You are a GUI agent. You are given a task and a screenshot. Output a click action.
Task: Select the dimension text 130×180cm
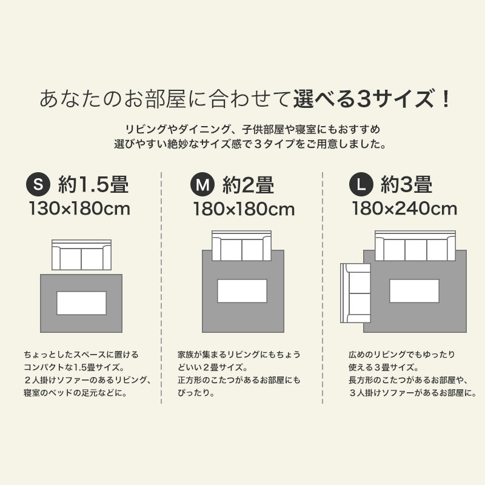pyautogui.click(x=79, y=209)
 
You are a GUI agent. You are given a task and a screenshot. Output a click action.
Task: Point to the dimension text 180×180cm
pyautogui.click(x=244, y=209)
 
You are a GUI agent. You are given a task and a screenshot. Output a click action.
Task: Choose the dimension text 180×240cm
pyautogui.click(x=404, y=209)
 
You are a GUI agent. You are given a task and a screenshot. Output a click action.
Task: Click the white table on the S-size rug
pyautogui.click(x=81, y=303)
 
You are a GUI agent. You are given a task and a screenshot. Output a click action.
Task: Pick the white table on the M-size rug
pyautogui.click(x=242, y=291)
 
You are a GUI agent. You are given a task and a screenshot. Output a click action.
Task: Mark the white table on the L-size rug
pyautogui.click(x=414, y=291)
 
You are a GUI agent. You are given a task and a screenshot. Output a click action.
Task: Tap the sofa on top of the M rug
pyautogui.click(x=241, y=246)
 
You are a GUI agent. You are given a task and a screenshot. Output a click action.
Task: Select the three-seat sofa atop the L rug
pyautogui.click(x=415, y=246)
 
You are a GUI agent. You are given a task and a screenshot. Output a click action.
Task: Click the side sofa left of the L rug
pyautogui.click(x=356, y=293)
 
